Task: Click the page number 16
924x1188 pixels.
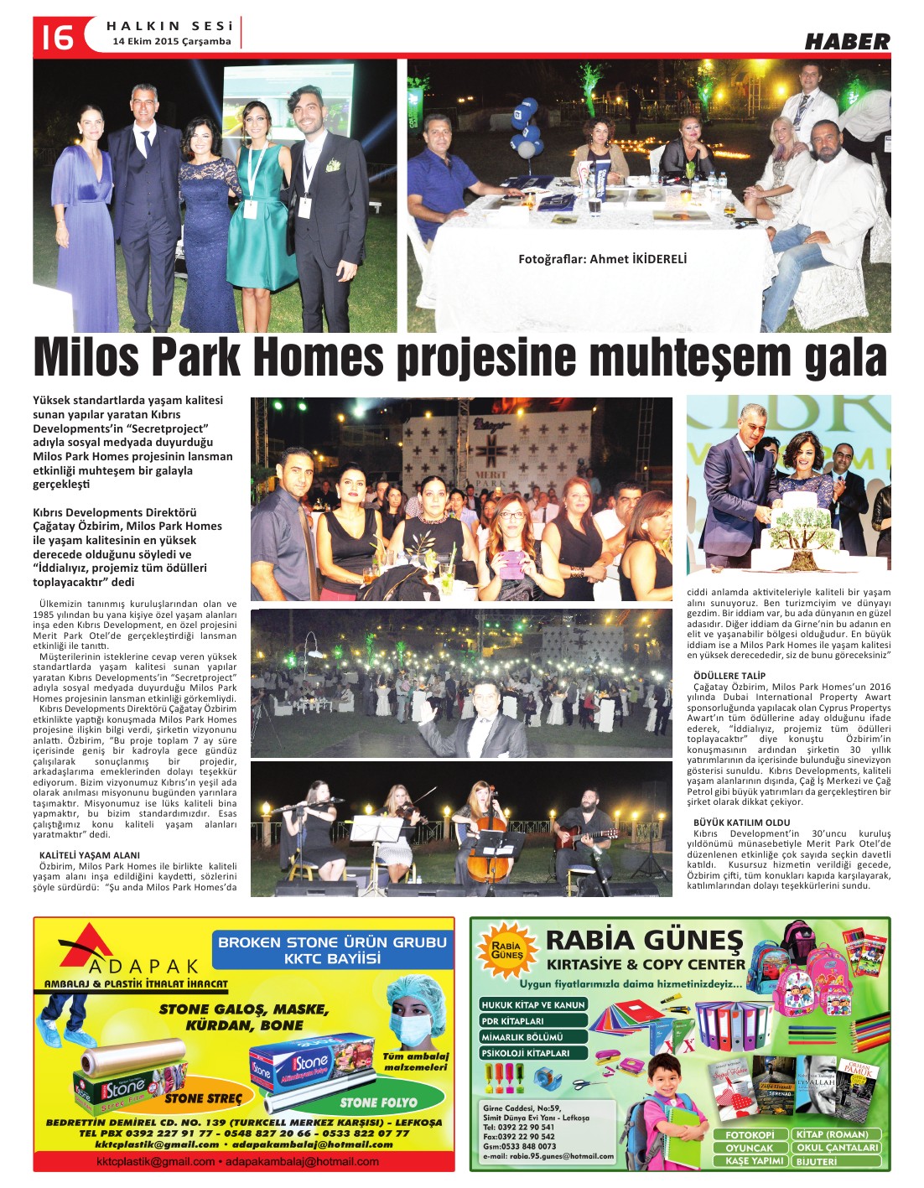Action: pyautogui.click(x=54, y=36)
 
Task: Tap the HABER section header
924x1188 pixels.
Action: pyautogui.click(x=847, y=41)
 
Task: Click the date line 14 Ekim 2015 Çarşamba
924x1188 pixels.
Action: pyautogui.click(x=172, y=41)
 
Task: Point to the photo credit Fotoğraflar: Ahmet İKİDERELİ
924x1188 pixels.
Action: pyautogui.click(x=602, y=259)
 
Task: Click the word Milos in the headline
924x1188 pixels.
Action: pyautogui.click(x=91, y=359)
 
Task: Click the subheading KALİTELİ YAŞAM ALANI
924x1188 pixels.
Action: pyautogui.click(x=90, y=856)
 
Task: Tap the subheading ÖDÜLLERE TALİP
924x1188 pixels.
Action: pyautogui.click(x=729, y=675)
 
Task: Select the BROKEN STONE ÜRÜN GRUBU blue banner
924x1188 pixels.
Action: pyautogui.click(x=332, y=950)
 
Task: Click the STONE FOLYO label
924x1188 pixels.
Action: pyautogui.click(x=378, y=1102)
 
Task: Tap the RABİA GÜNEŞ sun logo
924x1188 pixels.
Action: pyautogui.click(x=507, y=950)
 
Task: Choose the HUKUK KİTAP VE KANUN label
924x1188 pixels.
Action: pyautogui.click(x=533, y=1004)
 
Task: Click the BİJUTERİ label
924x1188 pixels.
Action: pyautogui.click(x=817, y=1161)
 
